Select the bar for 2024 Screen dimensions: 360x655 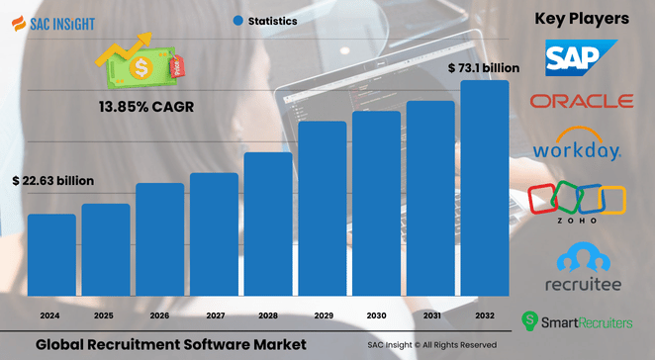pyautogui.click(x=51, y=254)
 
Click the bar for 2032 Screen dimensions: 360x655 pyautogui.click(x=485, y=188)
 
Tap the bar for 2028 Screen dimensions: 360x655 pyautogui.click(x=268, y=224)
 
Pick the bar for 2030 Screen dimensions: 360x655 pyautogui.click(x=376, y=203)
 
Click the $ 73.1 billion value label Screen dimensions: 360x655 pyautogui.click(x=483, y=68)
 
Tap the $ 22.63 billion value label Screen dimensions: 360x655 pyautogui.click(x=53, y=181)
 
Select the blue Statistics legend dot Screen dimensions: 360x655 pyautogui.click(x=238, y=20)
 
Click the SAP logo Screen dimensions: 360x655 pyautogui.click(x=581, y=57)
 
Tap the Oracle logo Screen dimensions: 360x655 pyautogui.click(x=581, y=101)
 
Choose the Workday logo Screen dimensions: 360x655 pyautogui.click(x=577, y=145)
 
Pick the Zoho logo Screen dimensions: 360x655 pyautogui.click(x=577, y=204)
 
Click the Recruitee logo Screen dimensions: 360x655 pyautogui.click(x=581, y=270)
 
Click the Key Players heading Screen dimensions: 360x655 pyautogui.click(x=582, y=18)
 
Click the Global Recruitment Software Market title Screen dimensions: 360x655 pyautogui.click(x=171, y=343)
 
